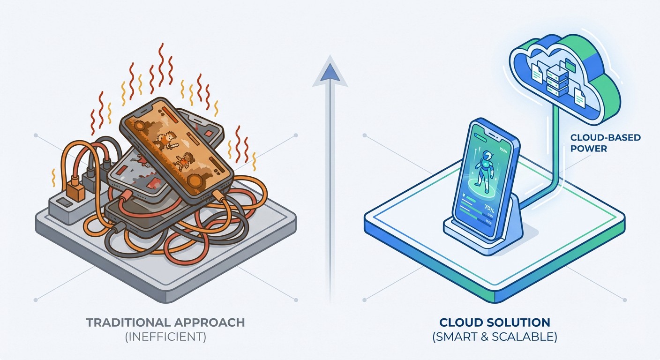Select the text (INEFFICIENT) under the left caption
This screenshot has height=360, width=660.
165,337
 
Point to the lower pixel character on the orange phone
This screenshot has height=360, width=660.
184,162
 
